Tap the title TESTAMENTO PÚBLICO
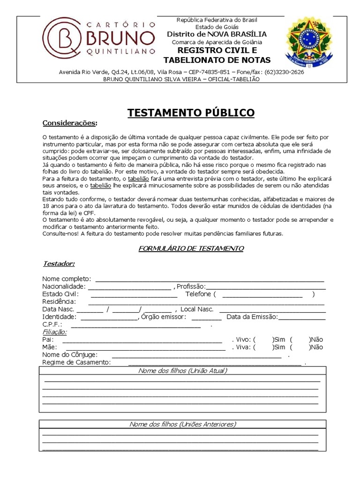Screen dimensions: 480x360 [x=191, y=112]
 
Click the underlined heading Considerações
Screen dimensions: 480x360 [x=70, y=123]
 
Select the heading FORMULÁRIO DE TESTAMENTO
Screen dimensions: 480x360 [x=191, y=248]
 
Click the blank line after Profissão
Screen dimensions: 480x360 [x=265, y=286]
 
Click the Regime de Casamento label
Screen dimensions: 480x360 [x=76, y=362]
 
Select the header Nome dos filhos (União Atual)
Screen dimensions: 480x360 [x=183, y=371]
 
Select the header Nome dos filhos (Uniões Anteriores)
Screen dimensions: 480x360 [x=183, y=424]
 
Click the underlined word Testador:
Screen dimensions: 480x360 [x=58, y=263]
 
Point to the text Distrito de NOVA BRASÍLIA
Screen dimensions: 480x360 [x=217, y=34]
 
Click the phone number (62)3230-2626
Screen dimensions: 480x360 [x=284, y=72]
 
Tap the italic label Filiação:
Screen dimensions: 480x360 [x=54, y=332]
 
